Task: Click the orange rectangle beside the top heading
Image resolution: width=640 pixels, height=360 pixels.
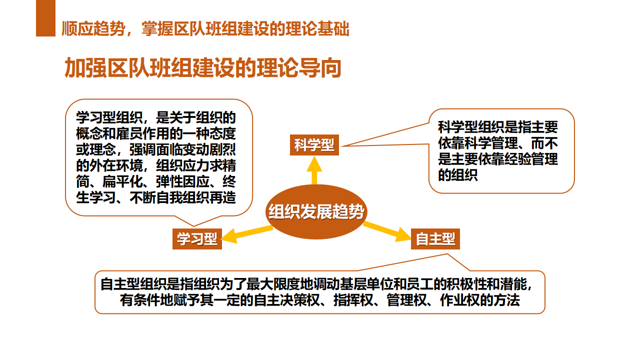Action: (45, 18)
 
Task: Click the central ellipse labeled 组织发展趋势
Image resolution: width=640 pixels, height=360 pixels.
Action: (316, 211)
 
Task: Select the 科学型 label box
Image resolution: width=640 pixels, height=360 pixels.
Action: (314, 145)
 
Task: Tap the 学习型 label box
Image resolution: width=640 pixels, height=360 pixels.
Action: (197, 239)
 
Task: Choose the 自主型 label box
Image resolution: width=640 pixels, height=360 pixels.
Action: (435, 239)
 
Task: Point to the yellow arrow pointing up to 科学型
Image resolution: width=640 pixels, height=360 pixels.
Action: (314, 170)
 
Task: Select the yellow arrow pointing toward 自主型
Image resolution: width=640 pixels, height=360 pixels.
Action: (387, 231)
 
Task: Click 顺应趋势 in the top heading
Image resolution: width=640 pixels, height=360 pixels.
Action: (93, 29)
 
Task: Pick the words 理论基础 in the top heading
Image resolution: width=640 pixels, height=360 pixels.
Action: (317, 29)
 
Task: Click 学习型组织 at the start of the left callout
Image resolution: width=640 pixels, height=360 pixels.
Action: (109, 117)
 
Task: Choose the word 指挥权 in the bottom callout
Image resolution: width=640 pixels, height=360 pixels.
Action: (353, 300)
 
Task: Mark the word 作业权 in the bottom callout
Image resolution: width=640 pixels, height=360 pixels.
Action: (459, 300)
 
